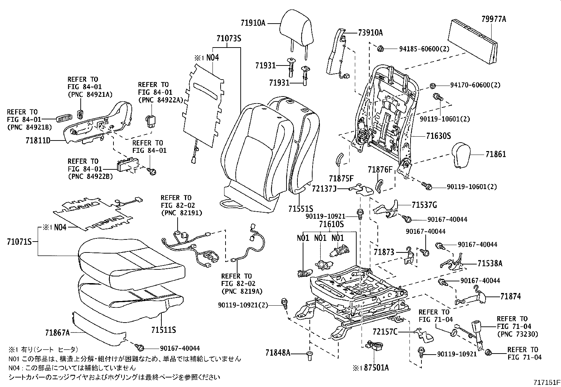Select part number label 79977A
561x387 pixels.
[x=494, y=19]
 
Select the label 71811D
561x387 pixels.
[x=38, y=141]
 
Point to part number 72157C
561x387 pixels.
[x=385, y=332]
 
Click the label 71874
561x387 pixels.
[x=510, y=297]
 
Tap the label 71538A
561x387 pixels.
[x=490, y=263]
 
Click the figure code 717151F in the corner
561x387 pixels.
[x=546, y=382]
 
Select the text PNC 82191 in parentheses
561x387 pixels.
[x=181, y=213]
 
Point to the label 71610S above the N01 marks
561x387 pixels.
[x=331, y=224]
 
